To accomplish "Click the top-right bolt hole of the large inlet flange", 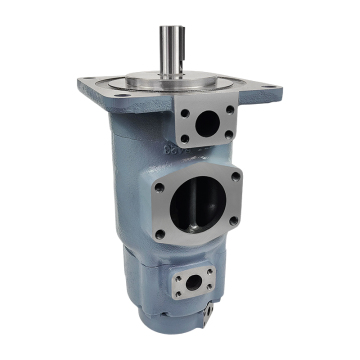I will pos(236,176).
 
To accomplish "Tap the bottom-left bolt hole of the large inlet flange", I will pos(161,235).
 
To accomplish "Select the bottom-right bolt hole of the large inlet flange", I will pos(237,226).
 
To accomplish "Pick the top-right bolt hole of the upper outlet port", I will pos(230,109).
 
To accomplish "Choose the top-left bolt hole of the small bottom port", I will pos(177,273).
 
